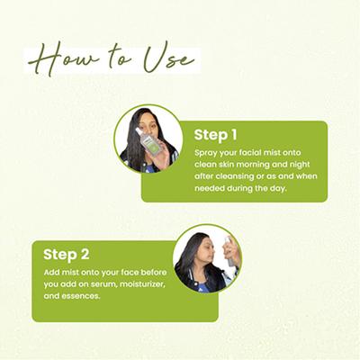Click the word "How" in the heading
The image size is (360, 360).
[63, 58]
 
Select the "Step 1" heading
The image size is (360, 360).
[215, 135]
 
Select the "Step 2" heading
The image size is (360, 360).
[67, 255]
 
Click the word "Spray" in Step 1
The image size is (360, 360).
[206, 153]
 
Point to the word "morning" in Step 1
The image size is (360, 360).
[254, 165]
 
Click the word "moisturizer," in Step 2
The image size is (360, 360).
[142, 284]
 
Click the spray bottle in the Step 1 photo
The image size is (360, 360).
[148, 139]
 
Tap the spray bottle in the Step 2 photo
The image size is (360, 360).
[229, 251]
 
